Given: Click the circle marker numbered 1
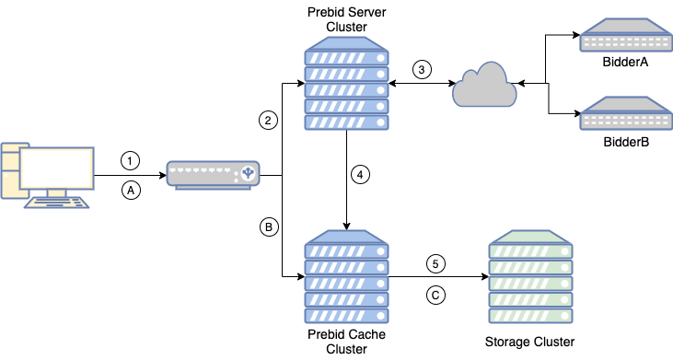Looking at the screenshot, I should [131, 161].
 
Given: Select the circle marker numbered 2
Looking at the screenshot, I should [268, 120].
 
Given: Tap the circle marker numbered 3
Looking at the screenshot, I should [422, 69].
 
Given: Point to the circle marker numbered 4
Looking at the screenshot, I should [361, 174].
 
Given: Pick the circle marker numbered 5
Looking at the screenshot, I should [436, 264].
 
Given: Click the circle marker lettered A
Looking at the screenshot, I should [131, 190].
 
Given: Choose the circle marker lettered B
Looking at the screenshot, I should [268, 226].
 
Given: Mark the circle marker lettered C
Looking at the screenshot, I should [436, 296].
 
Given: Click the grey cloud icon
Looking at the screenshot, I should [484, 85].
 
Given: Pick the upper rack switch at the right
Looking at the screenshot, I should [625, 38].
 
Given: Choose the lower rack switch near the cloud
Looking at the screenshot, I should [625, 113].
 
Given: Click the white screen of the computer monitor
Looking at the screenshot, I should [57, 168].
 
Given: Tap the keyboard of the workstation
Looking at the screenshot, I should [57, 203].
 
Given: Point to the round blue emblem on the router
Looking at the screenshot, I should [247, 173].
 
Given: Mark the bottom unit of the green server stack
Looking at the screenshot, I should [530, 315].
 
